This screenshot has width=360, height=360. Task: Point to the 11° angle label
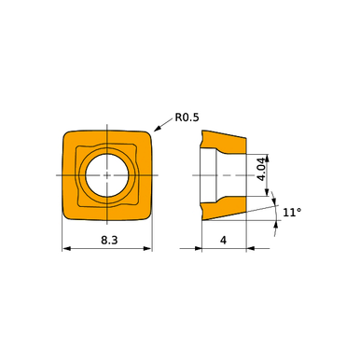coord(292,214)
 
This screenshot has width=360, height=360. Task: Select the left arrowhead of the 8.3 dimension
coord(66,249)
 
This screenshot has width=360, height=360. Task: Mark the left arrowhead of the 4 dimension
coord(204,249)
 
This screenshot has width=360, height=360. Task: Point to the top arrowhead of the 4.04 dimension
coord(270,155)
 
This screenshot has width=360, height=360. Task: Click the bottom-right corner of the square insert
coord(148,216)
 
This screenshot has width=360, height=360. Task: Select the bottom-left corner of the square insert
coord(67,216)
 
